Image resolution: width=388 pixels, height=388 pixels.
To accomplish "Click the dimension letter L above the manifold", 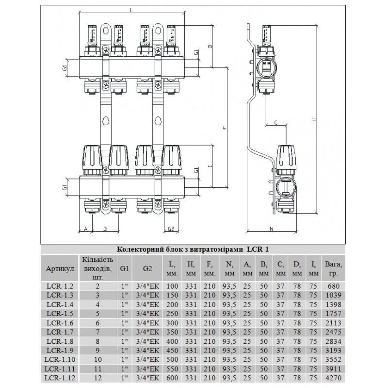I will coord(132,10).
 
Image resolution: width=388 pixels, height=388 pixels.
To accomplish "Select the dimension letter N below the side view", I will coord(271,229).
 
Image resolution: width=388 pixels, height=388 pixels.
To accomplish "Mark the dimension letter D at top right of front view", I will coord(210,47).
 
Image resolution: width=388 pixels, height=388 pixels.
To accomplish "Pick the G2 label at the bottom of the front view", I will coord(171,229).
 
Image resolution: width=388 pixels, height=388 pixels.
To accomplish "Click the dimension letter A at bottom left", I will coord(86,229).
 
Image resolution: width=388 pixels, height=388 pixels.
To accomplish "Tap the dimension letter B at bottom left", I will coord(104,229).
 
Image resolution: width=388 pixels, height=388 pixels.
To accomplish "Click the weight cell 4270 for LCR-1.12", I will coord(333,378).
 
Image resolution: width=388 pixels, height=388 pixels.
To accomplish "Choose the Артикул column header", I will coord(59,268).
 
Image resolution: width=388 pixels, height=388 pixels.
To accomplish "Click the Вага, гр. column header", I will coord(333,268).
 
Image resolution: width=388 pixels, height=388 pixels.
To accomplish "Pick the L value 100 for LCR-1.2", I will coord(173,286).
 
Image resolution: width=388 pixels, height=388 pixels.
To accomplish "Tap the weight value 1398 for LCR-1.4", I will coord(333,304).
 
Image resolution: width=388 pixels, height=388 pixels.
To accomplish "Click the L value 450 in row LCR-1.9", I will coord(173,350).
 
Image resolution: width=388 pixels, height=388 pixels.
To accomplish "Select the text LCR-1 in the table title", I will coord(259,249).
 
